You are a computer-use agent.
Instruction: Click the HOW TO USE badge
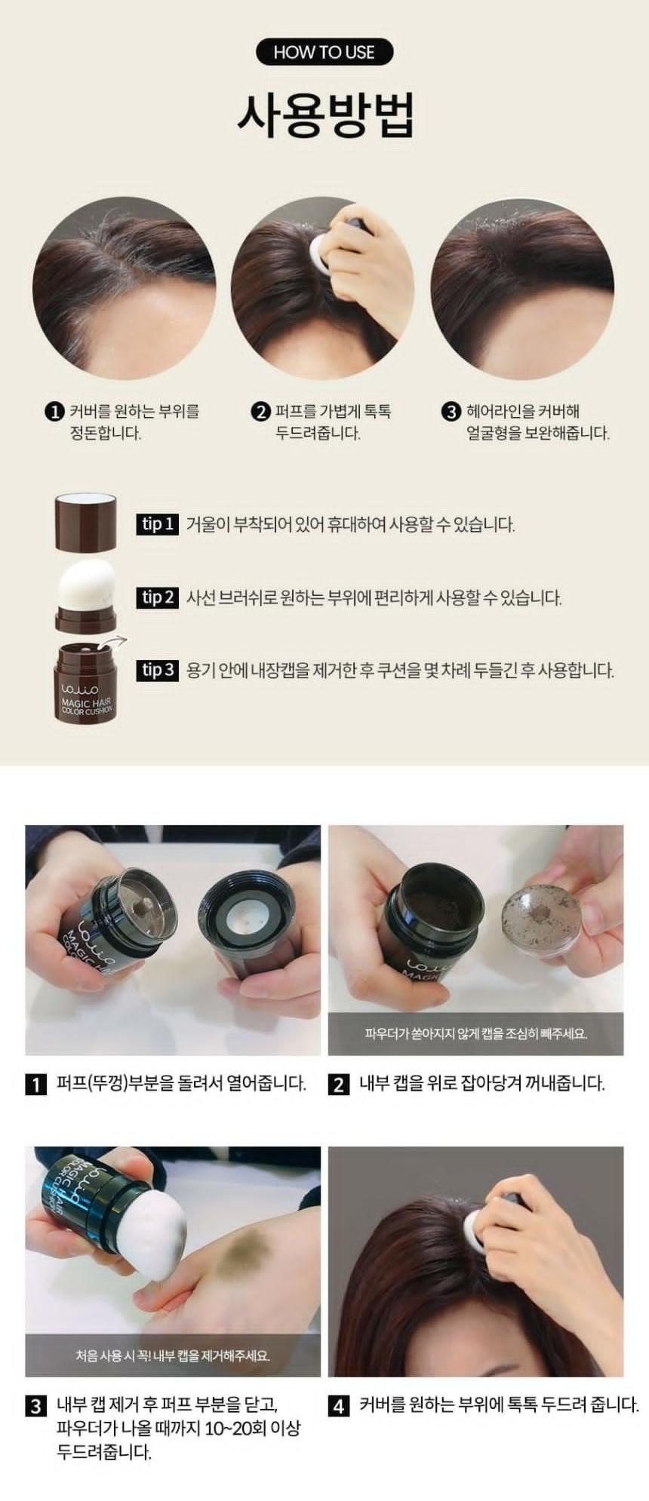tap(324, 52)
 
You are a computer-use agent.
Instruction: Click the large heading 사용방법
tap(325, 115)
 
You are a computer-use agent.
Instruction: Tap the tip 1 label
tap(158, 524)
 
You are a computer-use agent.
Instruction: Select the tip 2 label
tap(158, 598)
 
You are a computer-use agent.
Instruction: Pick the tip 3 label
tap(158, 670)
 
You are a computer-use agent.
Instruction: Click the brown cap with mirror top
tap(86, 520)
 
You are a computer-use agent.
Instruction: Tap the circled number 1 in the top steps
tap(54, 412)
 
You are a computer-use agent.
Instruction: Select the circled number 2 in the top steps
tap(260, 412)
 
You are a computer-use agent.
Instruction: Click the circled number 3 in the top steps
tap(451, 412)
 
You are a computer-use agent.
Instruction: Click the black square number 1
tap(36, 1085)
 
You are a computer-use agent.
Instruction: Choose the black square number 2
tap(339, 1085)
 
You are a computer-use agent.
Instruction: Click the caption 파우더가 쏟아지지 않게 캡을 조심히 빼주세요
tap(475, 1033)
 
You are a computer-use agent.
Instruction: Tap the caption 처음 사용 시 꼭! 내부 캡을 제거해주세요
tap(173, 1355)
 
